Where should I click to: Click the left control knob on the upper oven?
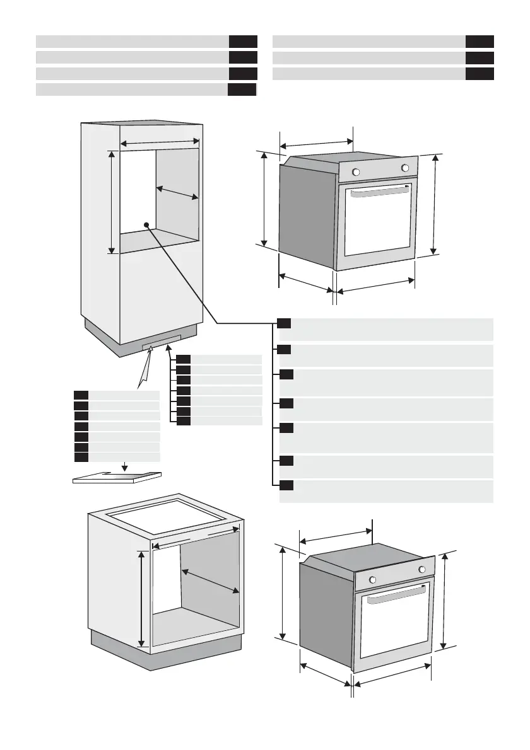(x=355, y=172)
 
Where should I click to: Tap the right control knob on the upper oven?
(x=404, y=168)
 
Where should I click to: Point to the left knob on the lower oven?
(x=372, y=580)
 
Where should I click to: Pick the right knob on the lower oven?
(x=421, y=570)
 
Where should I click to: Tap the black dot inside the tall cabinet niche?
(x=146, y=224)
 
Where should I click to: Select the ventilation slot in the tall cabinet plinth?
(x=157, y=344)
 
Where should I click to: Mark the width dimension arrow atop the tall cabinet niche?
(x=160, y=143)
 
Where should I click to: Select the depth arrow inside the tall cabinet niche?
(x=177, y=193)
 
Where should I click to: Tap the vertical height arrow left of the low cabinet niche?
(x=141, y=597)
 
